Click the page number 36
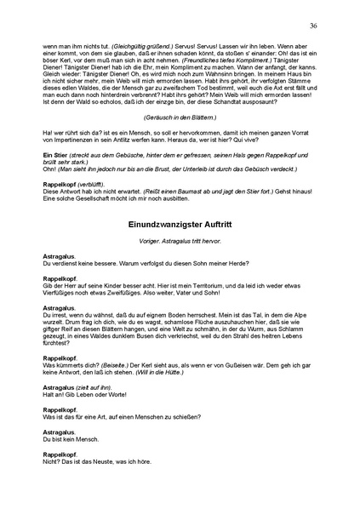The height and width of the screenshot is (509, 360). [313, 26]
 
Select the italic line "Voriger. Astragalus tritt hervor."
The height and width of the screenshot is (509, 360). [180, 241]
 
